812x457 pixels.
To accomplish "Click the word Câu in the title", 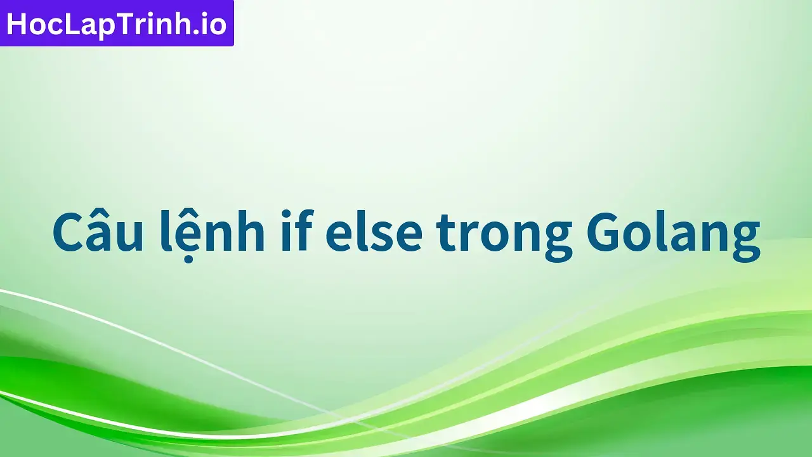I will click(x=98, y=232).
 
